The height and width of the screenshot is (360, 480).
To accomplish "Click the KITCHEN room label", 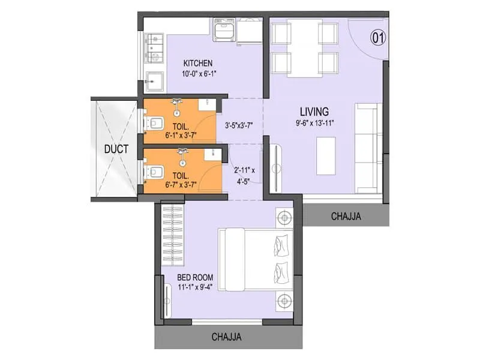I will pyautogui.click(x=198, y=64).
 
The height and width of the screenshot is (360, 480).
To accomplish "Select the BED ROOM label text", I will pyautogui.click(x=196, y=277).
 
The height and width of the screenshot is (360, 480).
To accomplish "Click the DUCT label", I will pyautogui.click(x=116, y=149).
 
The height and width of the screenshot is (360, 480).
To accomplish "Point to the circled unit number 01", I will pyautogui.click(x=378, y=38).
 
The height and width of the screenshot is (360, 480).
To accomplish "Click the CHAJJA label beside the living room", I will pyautogui.click(x=346, y=217).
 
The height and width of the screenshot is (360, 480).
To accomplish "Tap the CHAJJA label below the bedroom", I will pyautogui.click(x=226, y=337).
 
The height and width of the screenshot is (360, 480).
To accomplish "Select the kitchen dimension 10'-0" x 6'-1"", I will pyautogui.click(x=198, y=74).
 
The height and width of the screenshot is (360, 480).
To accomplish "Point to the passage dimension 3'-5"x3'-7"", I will pyautogui.click(x=239, y=127).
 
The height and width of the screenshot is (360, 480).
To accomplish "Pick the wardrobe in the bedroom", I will pyautogui.click(x=172, y=236).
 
